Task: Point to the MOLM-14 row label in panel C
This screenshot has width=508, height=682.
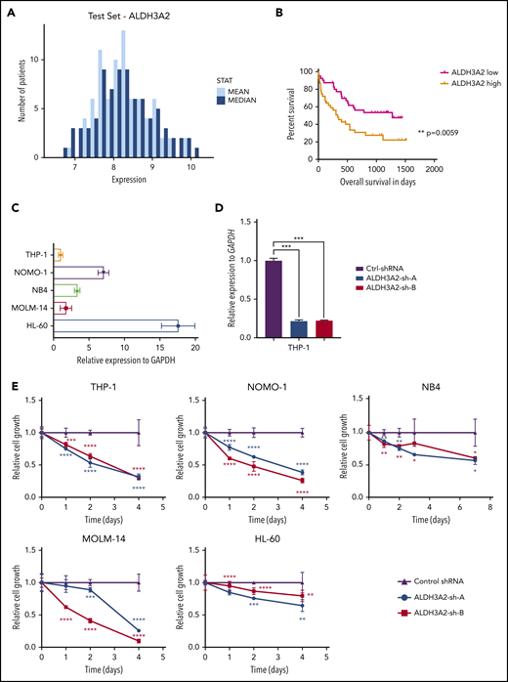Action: pyautogui.click(x=27, y=308)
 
